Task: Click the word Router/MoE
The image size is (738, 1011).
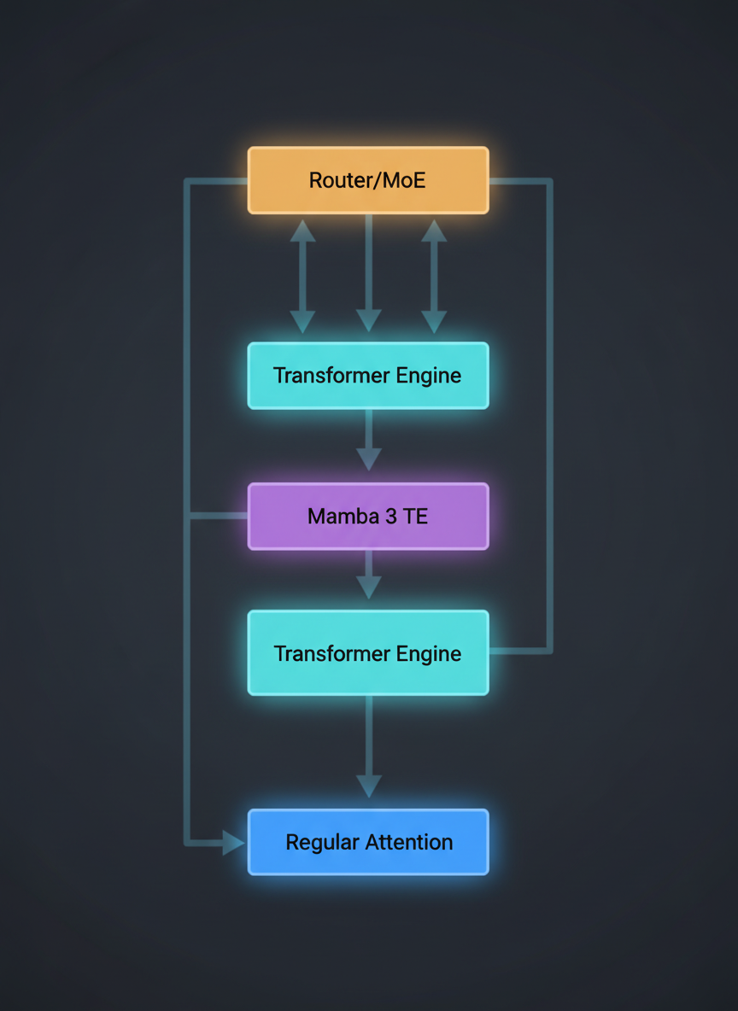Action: click(367, 180)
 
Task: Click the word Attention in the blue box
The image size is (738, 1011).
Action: click(409, 842)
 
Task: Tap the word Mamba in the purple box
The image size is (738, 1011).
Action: click(335, 517)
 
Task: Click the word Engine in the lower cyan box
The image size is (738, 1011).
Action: click(429, 654)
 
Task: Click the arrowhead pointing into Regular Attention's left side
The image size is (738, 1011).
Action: click(233, 843)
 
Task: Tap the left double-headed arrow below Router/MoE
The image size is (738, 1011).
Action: click(302, 275)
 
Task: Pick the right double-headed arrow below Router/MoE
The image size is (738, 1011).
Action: click(434, 275)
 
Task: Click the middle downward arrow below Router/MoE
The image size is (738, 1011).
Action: click(368, 273)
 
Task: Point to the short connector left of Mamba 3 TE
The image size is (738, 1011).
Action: click(218, 516)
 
